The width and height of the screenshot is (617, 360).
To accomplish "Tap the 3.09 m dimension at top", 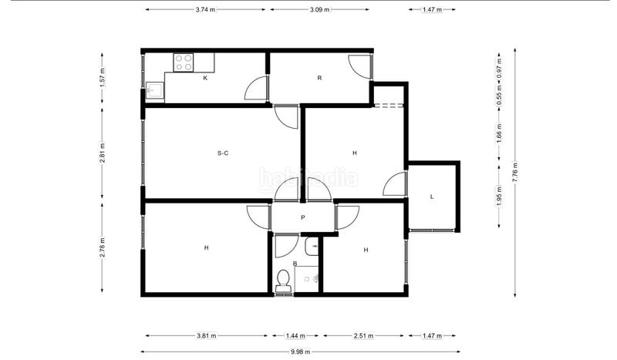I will tap(320, 10).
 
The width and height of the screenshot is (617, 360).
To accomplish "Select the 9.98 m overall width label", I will tap(300, 352).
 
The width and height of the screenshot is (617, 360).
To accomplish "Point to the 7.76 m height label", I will tap(515, 171).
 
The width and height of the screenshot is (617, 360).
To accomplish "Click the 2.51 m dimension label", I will tap(364, 336).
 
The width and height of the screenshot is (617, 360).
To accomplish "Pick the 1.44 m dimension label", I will tap(295, 336).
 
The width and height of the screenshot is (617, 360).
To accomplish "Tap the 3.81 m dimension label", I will tap(206, 336).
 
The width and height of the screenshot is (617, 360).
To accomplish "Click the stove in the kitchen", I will tap(184, 62).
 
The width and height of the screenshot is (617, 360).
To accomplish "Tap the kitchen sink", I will tap(154, 92).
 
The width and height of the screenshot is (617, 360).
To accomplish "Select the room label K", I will tap(205, 79).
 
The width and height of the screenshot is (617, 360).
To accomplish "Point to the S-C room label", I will tap(223, 153).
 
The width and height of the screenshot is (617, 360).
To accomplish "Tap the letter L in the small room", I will tap(432, 197).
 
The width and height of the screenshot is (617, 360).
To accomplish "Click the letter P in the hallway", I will tap(303, 217).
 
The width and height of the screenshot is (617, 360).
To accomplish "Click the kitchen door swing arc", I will tap(255, 90).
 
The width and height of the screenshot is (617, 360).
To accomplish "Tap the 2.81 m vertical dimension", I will tap(103, 153).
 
